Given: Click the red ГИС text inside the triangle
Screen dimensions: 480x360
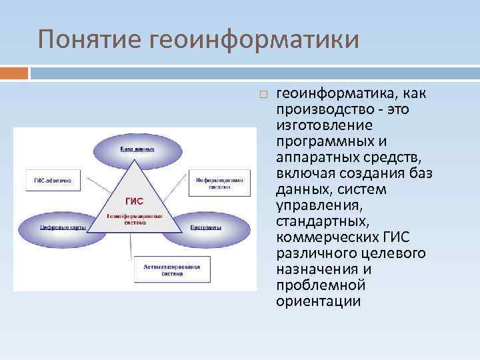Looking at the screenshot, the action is [134, 201].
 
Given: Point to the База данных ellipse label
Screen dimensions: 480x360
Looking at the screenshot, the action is [137, 149].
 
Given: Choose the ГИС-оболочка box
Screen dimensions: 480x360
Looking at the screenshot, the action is [53, 180].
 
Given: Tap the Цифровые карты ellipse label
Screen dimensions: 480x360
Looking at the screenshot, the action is [61, 228].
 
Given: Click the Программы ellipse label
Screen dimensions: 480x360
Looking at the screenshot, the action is [206, 227].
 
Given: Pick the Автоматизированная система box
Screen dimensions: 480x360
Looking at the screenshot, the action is [171, 270].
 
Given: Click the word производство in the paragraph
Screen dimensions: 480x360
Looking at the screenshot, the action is [319, 109].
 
